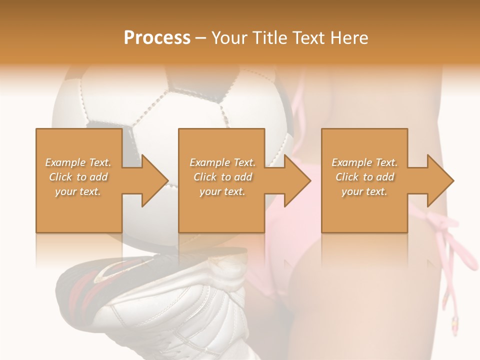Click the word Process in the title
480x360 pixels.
157,38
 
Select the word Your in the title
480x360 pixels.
228,38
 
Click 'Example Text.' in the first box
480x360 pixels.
78,162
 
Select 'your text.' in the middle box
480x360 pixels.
222,191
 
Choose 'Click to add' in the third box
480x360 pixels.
364,177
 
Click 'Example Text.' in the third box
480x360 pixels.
364,162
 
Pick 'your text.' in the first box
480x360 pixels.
78,191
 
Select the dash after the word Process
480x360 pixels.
200,38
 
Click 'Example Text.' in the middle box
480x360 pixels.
222,162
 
